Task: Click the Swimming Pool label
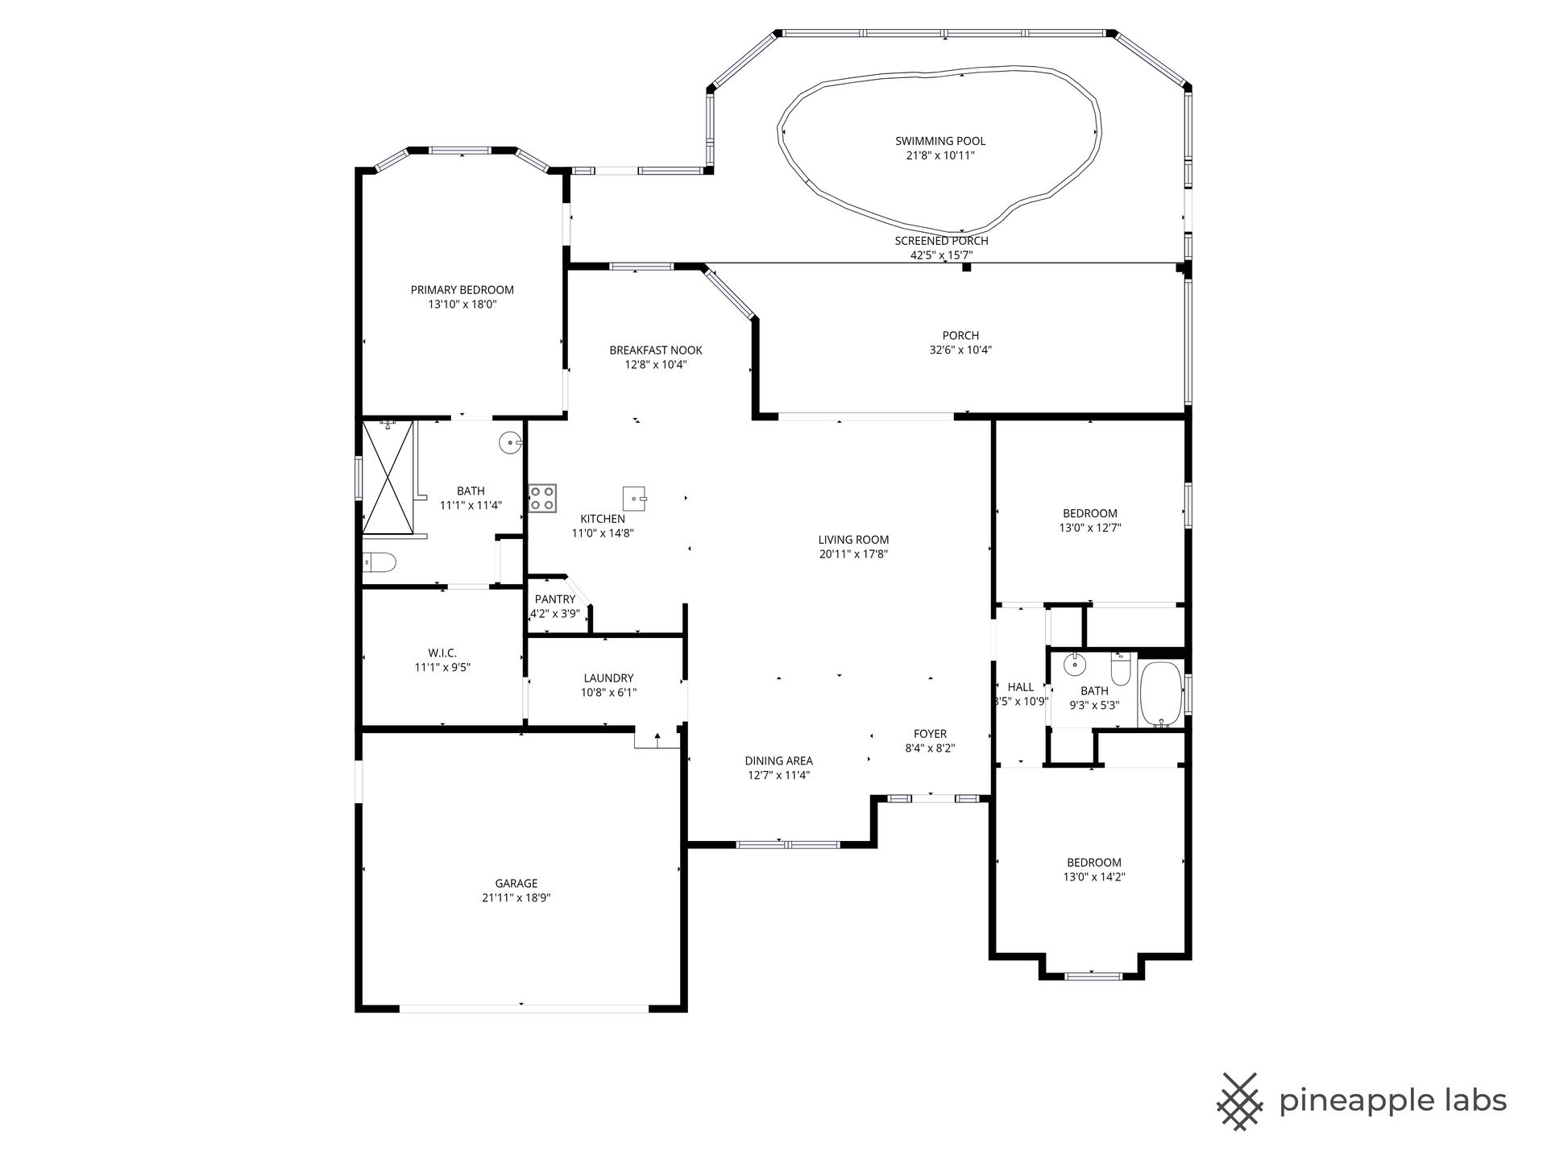tap(940, 141)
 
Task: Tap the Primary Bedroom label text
tap(462, 290)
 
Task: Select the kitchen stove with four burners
tap(542, 498)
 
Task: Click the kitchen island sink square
tap(635, 498)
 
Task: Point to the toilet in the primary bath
tap(379, 562)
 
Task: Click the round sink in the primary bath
tap(510, 442)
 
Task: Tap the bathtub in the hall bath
tap(1161, 695)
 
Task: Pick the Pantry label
tap(555, 599)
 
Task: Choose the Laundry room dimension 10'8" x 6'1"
tap(609, 693)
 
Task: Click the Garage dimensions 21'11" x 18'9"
tap(516, 897)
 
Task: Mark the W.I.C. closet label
tap(442, 653)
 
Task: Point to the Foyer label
tap(931, 734)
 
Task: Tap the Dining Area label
tap(778, 760)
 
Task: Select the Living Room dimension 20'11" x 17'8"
tap(853, 554)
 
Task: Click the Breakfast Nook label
tap(656, 350)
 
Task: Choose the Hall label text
tap(1021, 687)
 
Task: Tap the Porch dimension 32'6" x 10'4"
tap(960, 350)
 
